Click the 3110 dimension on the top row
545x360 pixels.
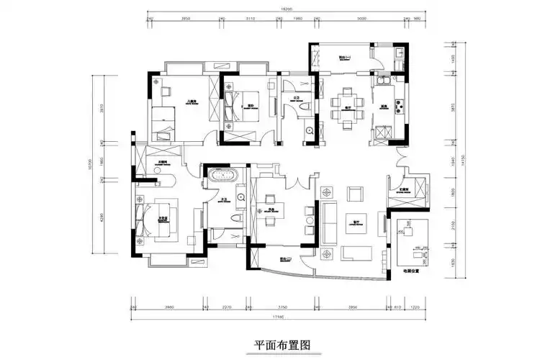[x=251, y=18]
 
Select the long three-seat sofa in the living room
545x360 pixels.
[x=330, y=221]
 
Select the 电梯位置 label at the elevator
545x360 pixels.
[x=411, y=271]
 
